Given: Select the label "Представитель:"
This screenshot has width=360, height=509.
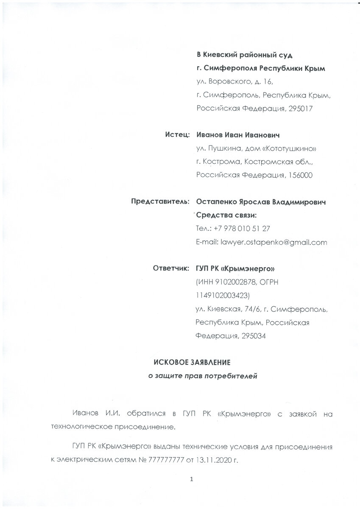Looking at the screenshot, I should click(160, 201).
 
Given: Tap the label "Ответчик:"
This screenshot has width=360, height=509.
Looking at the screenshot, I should click(171, 268).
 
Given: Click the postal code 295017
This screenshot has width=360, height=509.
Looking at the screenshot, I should click(300, 108).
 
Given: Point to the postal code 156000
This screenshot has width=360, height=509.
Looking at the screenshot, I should click(300, 175).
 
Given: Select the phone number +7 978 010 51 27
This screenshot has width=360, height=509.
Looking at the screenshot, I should click(242, 228).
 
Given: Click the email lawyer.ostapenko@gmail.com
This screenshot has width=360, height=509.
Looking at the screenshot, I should click(274, 242).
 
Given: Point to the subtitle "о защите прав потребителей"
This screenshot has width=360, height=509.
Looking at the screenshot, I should click(202, 376).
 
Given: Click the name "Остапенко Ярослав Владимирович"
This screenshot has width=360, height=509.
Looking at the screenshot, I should click(261, 201).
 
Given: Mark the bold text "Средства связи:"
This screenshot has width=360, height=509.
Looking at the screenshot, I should click(226, 215).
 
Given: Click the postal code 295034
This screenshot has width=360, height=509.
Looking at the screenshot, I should click(254, 336).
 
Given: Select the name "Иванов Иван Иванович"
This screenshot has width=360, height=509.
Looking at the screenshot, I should click(238, 135).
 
